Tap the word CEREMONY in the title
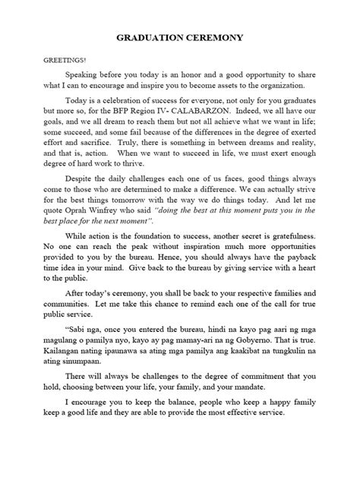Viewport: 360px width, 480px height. (x=221, y=36)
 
